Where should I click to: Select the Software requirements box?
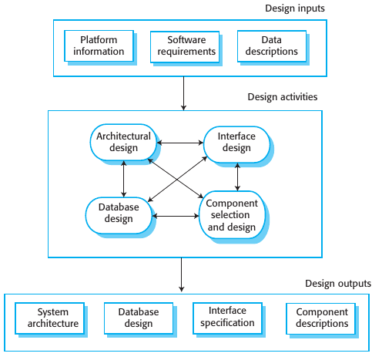tap(183, 45)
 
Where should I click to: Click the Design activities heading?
tap(283, 97)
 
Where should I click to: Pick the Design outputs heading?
tap(338, 284)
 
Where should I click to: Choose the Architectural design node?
tap(123, 142)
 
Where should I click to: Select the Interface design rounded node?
tap(236, 142)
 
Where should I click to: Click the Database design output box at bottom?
tap(138, 318)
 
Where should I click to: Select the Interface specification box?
tap(227, 317)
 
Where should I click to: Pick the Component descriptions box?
tap(321, 318)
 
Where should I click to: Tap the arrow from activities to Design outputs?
tap(181, 274)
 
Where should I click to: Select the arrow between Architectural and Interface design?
tap(179, 142)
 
